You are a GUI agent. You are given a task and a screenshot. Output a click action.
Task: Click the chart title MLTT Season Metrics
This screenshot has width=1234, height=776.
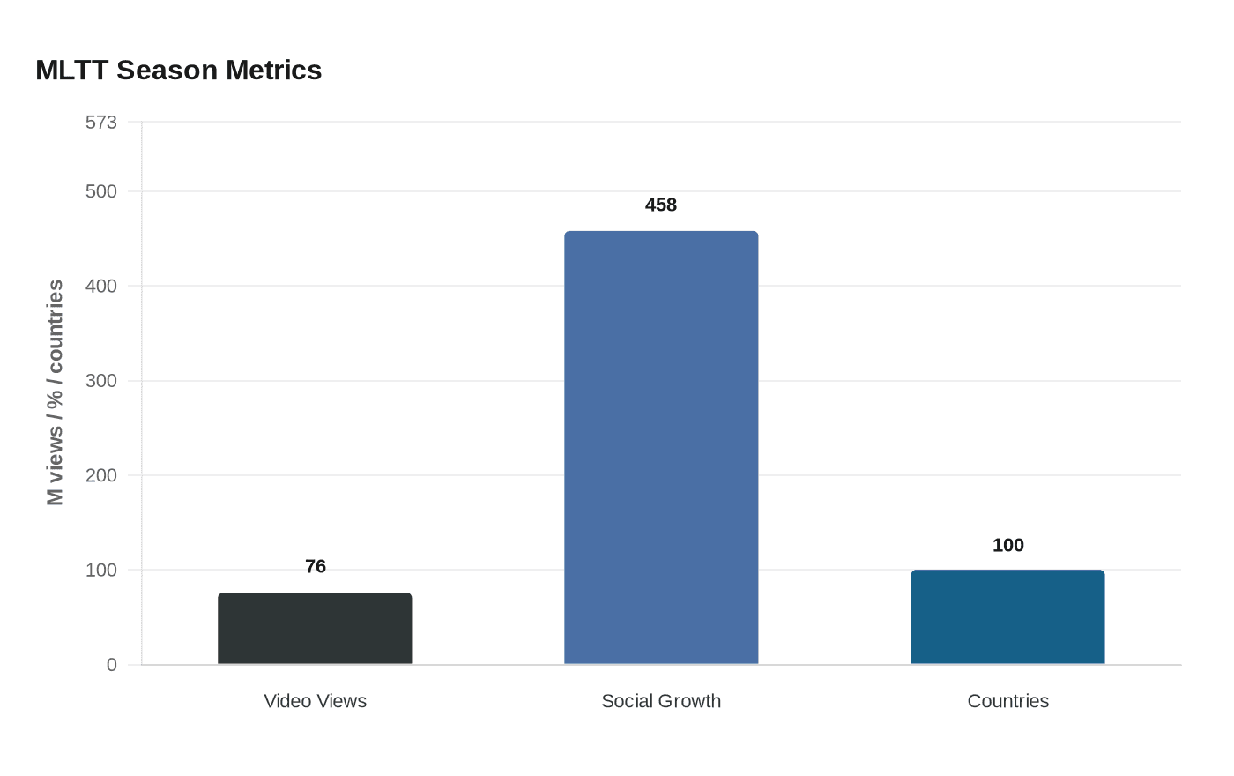tap(178, 71)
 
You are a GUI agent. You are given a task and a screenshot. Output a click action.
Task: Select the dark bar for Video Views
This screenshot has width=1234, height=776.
tap(315, 628)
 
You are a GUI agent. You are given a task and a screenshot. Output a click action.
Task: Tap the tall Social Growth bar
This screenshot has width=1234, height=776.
tap(661, 448)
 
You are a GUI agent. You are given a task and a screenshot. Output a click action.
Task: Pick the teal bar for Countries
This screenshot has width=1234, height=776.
tap(1007, 617)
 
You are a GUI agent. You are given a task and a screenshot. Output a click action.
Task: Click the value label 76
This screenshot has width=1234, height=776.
tap(316, 566)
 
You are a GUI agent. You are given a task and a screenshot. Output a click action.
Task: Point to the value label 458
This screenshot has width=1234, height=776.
tap(661, 205)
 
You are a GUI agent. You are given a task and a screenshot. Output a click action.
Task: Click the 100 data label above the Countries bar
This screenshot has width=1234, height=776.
tap(1008, 546)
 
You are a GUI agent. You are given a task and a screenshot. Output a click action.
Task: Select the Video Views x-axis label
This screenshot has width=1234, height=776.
tap(316, 701)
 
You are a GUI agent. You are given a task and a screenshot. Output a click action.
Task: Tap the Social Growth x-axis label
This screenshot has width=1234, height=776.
tap(661, 701)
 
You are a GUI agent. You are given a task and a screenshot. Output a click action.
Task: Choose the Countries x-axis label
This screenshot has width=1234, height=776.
tap(1008, 701)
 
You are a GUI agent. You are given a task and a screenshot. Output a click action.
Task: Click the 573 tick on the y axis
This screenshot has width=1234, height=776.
tap(101, 123)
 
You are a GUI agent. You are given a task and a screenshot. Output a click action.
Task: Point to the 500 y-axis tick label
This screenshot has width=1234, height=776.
tap(101, 192)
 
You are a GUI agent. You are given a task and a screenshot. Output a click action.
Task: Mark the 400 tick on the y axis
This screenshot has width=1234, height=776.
tap(101, 286)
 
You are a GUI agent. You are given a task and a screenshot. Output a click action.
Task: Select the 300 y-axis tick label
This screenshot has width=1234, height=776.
tap(101, 381)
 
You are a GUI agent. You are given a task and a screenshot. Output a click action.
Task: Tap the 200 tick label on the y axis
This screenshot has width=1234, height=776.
tap(101, 475)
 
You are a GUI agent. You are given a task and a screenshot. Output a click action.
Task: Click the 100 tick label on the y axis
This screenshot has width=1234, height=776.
tap(101, 571)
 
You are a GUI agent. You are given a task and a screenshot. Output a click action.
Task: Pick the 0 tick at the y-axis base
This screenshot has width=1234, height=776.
tap(112, 665)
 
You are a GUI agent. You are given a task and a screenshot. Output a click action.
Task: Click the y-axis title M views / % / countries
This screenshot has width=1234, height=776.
tap(55, 392)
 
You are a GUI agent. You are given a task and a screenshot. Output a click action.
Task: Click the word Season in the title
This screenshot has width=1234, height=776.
tap(167, 71)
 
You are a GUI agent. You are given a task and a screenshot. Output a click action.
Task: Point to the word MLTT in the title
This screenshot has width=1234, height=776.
tap(71, 71)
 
